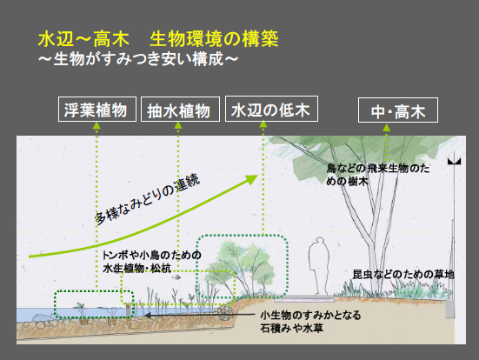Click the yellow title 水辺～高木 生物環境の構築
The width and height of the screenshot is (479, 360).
158,39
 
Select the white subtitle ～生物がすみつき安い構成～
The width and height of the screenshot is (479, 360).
138,58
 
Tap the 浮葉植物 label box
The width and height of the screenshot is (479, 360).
97,109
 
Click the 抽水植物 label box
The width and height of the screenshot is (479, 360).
180,109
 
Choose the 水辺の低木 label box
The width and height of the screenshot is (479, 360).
271,109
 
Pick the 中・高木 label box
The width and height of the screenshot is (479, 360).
398,110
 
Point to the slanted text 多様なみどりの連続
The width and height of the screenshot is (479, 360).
147,199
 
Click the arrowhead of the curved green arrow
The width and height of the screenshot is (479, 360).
252,179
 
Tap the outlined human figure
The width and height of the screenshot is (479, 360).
319,266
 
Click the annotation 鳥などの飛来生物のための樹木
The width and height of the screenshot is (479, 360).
378,175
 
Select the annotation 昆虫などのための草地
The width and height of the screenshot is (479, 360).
403,274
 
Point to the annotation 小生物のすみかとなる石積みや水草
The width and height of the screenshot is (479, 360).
310,322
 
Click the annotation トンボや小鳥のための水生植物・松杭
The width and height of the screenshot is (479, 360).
152,262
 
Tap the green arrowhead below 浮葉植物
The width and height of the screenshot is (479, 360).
96,125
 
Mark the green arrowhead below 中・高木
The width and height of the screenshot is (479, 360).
387,127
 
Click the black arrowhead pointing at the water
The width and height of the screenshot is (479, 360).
147,315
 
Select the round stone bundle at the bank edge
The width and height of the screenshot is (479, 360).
225,313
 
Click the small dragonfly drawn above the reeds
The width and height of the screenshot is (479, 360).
176,277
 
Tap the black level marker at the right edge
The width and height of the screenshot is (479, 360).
454,162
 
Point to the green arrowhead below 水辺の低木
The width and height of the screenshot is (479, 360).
263,124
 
